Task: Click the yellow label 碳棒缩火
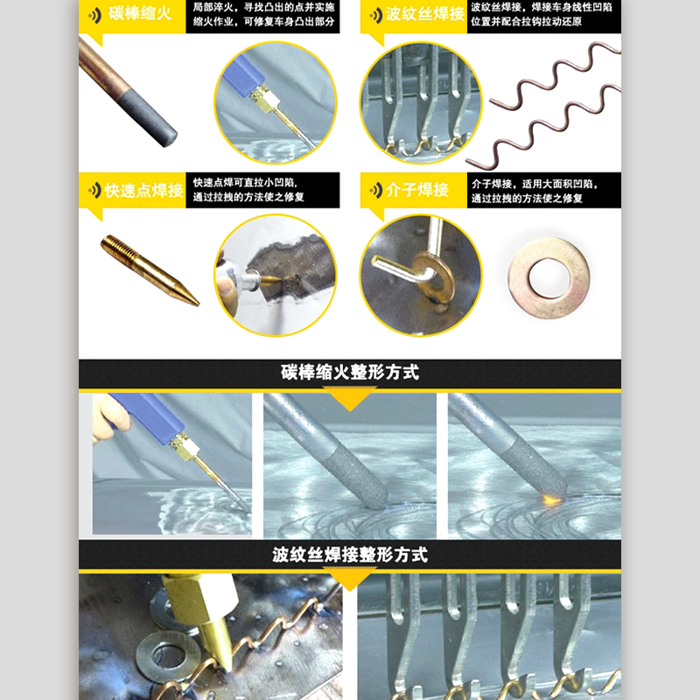click(140, 13)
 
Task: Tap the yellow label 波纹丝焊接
click(425, 14)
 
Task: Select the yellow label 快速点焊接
click(143, 191)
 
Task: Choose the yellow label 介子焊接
click(417, 190)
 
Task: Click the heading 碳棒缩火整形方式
click(350, 373)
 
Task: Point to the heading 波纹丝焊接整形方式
click(350, 555)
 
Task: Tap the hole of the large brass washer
click(549, 278)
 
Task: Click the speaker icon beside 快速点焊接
click(95, 191)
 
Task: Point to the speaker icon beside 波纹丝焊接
click(376, 16)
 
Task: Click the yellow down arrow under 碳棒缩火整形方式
click(350, 398)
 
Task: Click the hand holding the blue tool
click(108, 418)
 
